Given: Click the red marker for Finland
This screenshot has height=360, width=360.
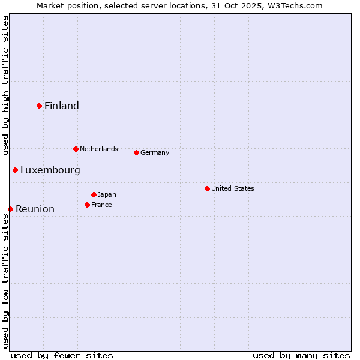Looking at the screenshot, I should tap(40, 106).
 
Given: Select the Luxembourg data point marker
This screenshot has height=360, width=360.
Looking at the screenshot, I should tap(16, 170).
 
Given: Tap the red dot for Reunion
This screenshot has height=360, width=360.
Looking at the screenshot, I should tap(11, 209).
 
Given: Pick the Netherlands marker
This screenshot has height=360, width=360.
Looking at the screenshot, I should tap(76, 149).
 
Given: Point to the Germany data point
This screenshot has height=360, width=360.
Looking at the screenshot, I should tap(136, 152).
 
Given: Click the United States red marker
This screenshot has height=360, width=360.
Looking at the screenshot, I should tap(207, 188).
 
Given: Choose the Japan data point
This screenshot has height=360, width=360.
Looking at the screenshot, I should tap(94, 194).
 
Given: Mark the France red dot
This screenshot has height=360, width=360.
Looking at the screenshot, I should tap(88, 205).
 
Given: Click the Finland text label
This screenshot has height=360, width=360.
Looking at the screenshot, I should tap(62, 106).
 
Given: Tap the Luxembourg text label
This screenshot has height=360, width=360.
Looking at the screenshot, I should tap(50, 170).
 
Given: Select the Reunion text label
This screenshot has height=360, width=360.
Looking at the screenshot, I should tap(35, 209).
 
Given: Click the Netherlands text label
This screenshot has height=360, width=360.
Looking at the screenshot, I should tap(99, 149).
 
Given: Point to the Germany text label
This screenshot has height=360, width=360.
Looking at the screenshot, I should tap(155, 152).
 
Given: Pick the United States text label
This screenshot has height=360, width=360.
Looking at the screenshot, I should tap(233, 188).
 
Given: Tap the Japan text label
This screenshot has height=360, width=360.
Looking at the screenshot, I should tap(107, 194).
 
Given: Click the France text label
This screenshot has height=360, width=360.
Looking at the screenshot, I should tap(102, 205).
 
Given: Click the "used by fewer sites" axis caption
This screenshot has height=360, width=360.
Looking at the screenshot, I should tap(62, 355).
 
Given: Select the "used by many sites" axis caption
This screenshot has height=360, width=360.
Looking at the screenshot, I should tap(301, 355).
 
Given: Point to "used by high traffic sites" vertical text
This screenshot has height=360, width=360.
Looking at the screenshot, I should tap(5, 85).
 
